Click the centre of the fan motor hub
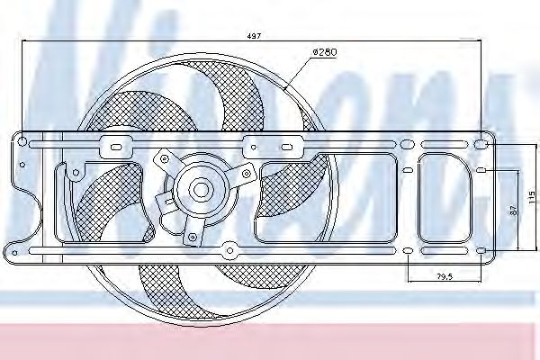point(200,190)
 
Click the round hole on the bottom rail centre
point(229,248)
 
